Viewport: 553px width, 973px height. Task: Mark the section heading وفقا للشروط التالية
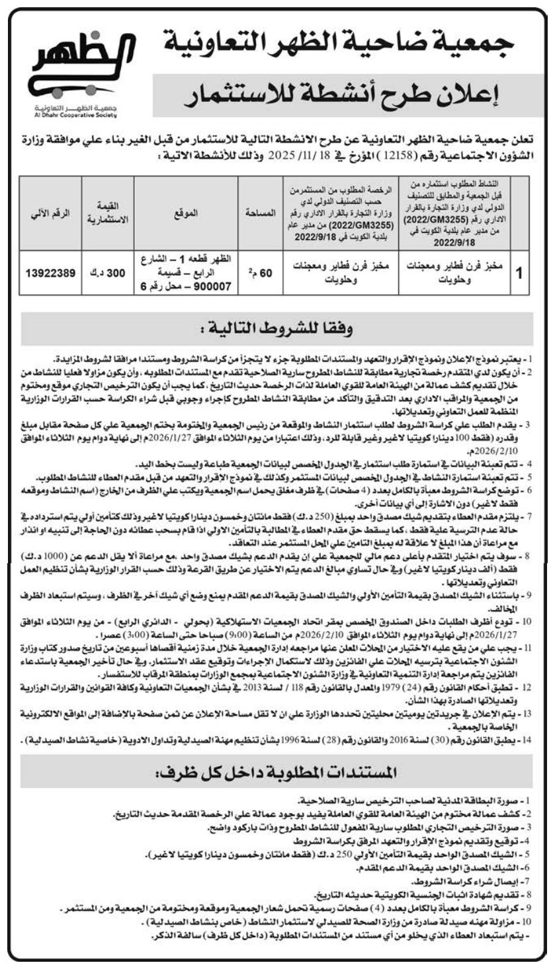tap(277, 328)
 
